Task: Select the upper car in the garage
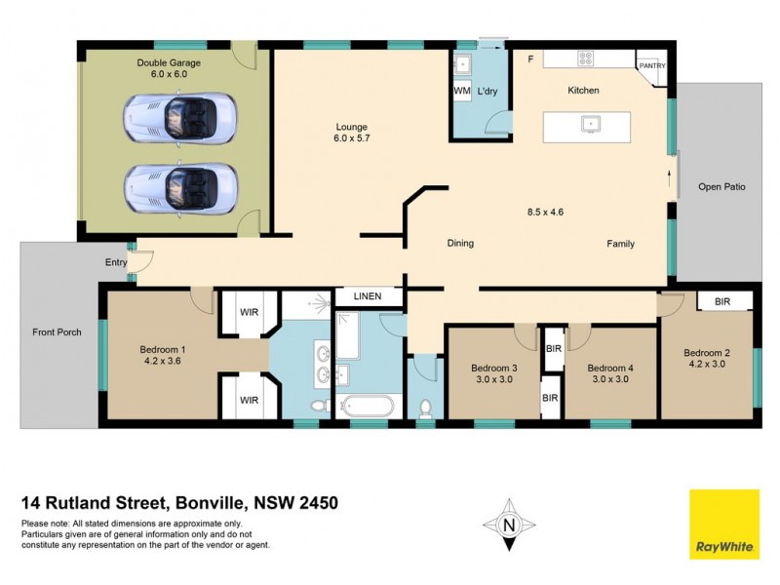coord(180,118)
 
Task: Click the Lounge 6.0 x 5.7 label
coord(351,133)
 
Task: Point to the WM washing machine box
coord(462,91)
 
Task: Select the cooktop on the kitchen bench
coord(586,58)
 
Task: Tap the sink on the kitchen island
coord(590,124)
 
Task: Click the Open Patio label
coord(721,186)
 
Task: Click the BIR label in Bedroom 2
coord(721,302)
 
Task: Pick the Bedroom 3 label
coord(493,368)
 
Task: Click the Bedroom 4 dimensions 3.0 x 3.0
coord(610,379)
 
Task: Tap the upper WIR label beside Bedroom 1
coord(250,313)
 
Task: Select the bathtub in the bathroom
coord(366,406)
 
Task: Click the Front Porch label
coord(57,331)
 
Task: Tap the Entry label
coord(116,262)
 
